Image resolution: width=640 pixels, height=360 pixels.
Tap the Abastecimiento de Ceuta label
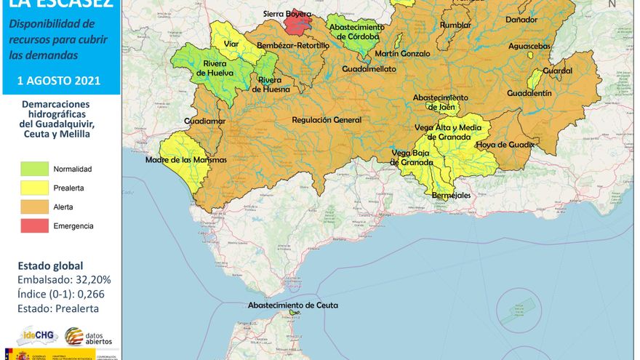[x=292, y=305]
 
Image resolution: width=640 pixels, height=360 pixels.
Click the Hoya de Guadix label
[x=505, y=145]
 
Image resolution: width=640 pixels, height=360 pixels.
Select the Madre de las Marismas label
[x=186, y=159]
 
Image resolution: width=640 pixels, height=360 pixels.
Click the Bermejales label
[x=451, y=196]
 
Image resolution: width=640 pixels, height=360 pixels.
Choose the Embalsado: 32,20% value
[x=64, y=280]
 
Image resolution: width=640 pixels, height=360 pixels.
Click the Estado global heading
[x=50, y=265]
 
